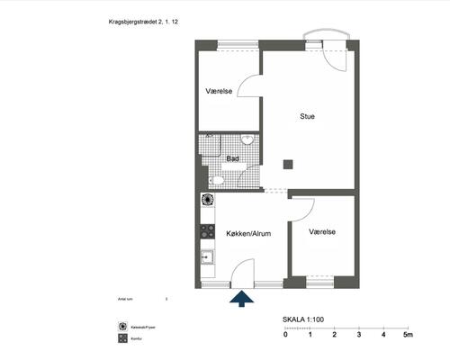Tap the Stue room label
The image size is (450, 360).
click(307, 115)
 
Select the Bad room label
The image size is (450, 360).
click(232, 159)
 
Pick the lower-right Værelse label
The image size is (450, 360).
click(322, 231)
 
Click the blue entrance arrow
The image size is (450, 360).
click(241, 299)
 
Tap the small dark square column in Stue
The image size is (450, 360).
click(288, 164)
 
